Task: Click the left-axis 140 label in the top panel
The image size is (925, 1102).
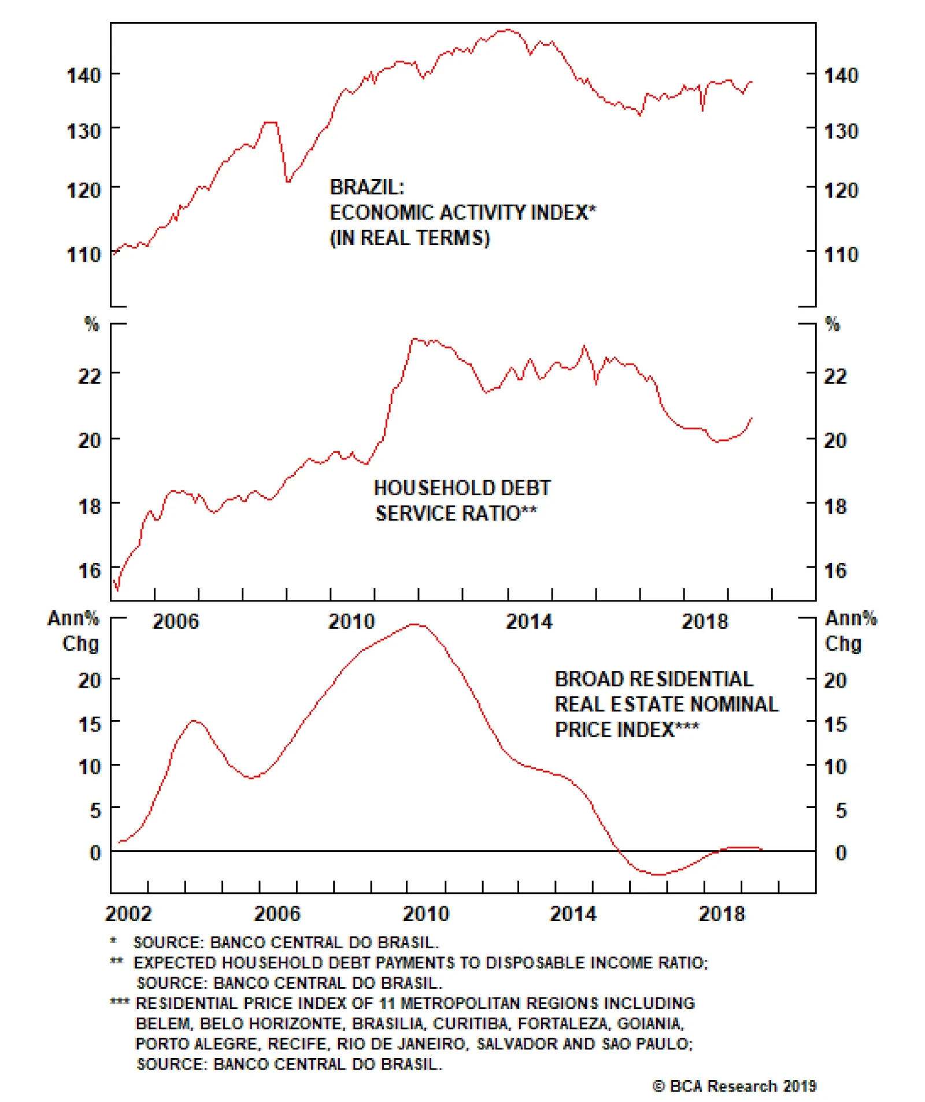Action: [x=84, y=75]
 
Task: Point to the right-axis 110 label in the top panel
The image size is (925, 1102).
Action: [x=841, y=254]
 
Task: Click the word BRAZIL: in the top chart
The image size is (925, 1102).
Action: [x=367, y=187]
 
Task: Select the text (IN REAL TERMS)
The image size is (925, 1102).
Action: [x=409, y=238]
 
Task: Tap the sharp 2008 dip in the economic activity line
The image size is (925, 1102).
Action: [x=287, y=181]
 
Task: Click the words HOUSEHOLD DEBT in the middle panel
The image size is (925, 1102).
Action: [x=462, y=488]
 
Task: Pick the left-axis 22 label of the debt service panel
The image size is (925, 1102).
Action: [x=90, y=376]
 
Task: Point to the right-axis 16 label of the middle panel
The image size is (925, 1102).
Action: [x=835, y=571]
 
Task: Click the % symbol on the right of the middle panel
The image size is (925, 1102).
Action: [x=832, y=324]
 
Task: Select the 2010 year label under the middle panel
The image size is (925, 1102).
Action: [x=351, y=622]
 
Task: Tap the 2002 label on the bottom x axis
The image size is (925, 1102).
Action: [x=128, y=914]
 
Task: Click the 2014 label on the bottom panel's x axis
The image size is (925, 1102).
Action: [x=573, y=914]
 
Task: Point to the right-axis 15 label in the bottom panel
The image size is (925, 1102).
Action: [x=835, y=724]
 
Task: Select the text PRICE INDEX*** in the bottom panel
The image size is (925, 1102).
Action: [x=627, y=729]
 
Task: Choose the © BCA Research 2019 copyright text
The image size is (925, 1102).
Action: [x=734, y=1086]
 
